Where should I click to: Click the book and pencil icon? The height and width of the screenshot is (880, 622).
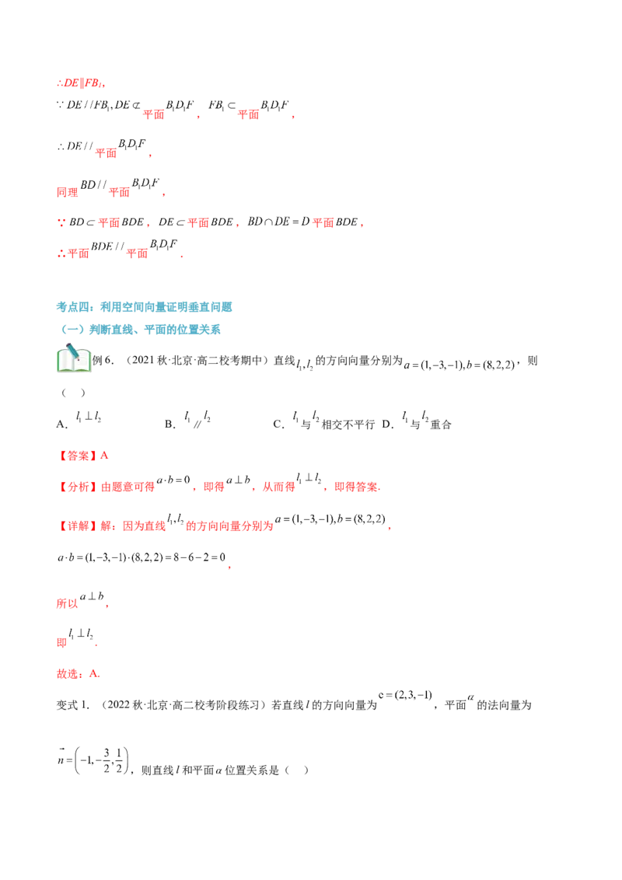click(74, 358)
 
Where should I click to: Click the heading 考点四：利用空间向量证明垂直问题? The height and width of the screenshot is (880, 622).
click(144, 307)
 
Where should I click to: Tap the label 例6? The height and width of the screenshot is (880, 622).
click(103, 361)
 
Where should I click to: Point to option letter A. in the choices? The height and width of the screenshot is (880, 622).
click(61, 424)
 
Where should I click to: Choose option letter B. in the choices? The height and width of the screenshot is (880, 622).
click(170, 424)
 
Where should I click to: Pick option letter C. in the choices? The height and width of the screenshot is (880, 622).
click(278, 424)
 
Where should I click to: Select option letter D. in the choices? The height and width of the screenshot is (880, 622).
click(387, 424)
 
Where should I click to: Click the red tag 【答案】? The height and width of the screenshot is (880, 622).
click(78, 456)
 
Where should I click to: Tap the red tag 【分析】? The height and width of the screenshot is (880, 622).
click(78, 487)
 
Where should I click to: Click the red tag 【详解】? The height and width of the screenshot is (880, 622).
click(78, 526)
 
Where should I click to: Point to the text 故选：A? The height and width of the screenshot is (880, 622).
click(78, 674)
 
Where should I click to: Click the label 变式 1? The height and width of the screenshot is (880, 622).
click(73, 705)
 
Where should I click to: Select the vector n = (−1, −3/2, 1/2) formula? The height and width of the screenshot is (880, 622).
click(93, 760)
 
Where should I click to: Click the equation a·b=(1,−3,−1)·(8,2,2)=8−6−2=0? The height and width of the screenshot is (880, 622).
click(142, 557)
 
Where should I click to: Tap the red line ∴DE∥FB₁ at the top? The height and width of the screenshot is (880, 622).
click(81, 83)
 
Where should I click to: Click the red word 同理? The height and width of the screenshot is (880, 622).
click(68, 192)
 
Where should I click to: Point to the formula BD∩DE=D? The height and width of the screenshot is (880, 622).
click(278, 222)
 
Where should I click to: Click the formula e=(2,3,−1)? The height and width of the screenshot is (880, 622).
click(405, 695)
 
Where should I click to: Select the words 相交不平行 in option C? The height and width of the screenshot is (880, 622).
click(348, 425)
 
